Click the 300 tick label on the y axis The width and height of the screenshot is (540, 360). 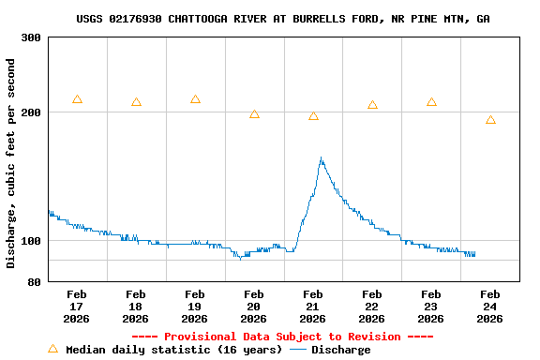[x=31, y=37]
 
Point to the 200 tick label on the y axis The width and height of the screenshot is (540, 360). [x=31, y=112]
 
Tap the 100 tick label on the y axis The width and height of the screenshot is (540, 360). [x=31, y=241]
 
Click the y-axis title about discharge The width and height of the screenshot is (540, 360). [x=11, y=163]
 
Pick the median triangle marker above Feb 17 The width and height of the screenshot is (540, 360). [x=77, y=99]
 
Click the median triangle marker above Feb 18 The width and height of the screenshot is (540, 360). [x=136, y=102]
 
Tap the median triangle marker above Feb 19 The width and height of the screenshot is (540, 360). [x=195, y=99]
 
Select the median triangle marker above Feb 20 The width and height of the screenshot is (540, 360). [x=254, y=114]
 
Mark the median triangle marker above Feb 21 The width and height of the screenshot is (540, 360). [x=313, y=116]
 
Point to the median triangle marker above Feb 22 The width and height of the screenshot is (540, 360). [x=372, y=105]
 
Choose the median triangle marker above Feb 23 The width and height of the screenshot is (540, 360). [x=431, y=102]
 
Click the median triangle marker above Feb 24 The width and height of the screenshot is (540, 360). [x=490, y=120]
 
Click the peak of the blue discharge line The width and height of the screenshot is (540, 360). [x=321, y=158]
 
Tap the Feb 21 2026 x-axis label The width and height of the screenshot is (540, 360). [x=313, y=307]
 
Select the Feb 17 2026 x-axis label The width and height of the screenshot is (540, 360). [x=77, y=307]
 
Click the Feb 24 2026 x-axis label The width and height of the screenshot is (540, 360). [x=490, y=307]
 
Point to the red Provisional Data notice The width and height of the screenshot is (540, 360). [x=282, y=337]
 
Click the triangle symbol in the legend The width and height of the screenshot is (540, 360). [x=52, y=349]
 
